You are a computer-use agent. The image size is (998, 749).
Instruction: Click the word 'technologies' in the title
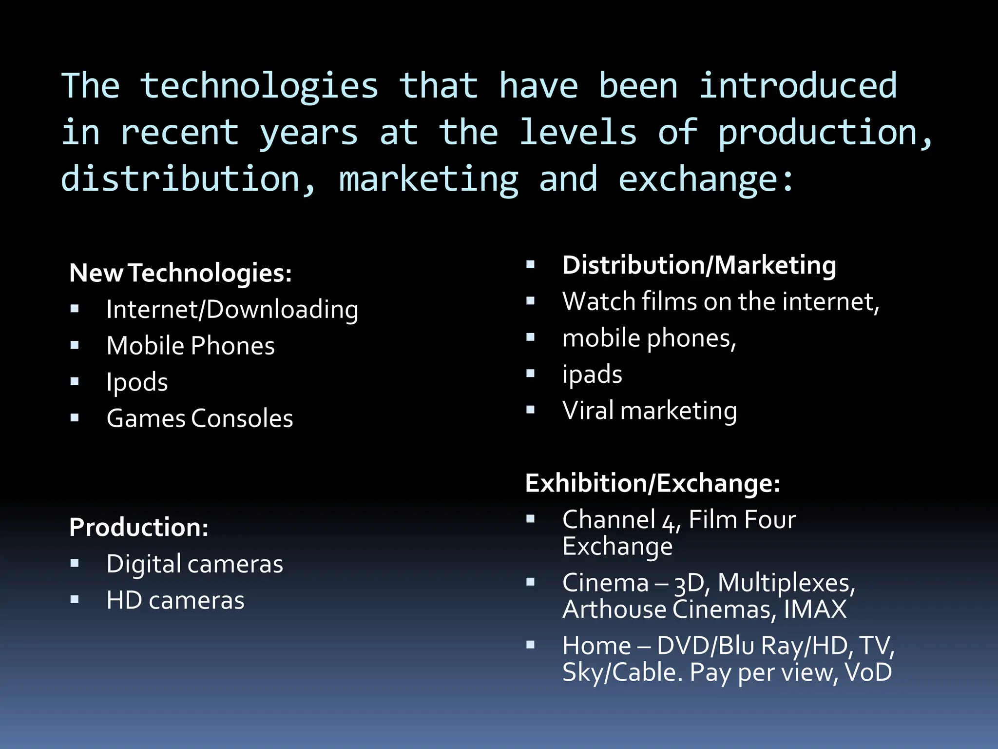point(259,86)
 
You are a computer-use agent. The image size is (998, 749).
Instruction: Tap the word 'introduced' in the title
point(798,86)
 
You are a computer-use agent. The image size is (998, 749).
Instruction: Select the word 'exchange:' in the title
point(706,179)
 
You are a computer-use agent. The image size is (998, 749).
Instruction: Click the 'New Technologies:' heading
point(180,273)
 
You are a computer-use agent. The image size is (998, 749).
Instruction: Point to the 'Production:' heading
point(139,528)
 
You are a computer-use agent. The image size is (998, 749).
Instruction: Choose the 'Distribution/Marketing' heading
point(699,266)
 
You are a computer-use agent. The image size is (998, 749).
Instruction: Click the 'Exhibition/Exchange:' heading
point(653,483)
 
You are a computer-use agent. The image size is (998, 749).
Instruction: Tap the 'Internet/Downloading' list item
point(232,310)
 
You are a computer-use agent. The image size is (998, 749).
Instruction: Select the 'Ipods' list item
point(137,382)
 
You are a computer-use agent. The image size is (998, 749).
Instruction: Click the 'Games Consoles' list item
point(200,418)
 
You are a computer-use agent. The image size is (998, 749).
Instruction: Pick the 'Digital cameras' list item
point(194,564)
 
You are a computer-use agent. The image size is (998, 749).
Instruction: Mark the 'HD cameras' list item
point(175,600)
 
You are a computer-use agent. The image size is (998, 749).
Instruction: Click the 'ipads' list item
point(592,374)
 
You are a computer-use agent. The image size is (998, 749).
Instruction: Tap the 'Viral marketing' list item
point(650,411)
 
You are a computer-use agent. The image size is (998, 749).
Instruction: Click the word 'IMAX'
point(815,610)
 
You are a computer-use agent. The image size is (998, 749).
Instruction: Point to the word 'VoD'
point(868,672)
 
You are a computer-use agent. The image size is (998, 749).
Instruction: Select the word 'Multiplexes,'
point(787,583)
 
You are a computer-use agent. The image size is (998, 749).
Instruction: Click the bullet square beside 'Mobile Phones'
point(75,346)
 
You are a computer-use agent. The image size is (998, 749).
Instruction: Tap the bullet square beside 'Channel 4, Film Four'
point(531,519)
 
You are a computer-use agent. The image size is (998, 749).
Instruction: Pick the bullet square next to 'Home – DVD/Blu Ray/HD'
point(531,645)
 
